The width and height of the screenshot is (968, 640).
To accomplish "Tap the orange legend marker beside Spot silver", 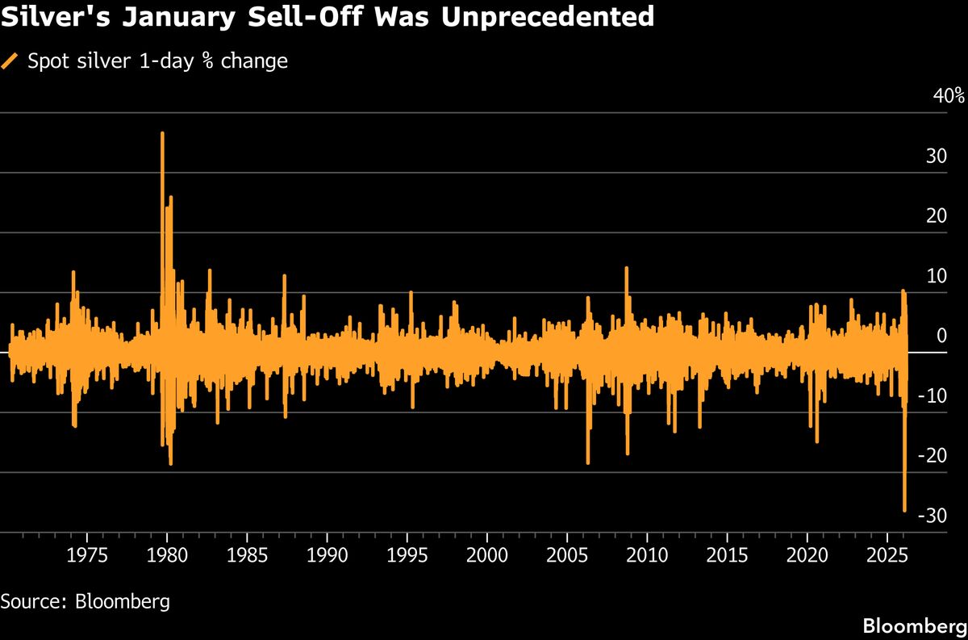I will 10,61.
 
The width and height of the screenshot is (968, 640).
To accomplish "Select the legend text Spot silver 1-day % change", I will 158,61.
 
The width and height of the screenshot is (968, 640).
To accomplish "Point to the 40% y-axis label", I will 948,96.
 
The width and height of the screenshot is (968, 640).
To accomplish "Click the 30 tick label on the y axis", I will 935,156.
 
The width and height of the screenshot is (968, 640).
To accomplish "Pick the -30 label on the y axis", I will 932,516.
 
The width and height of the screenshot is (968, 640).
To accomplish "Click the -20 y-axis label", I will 932,456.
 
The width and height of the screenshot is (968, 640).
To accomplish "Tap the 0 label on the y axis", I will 941,336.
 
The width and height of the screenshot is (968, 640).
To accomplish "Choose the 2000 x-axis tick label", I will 486,555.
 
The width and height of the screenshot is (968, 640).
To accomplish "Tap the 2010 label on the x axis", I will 647,555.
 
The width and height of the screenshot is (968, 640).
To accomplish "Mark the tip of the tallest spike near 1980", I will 162,133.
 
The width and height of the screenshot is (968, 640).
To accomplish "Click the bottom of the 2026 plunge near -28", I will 904,510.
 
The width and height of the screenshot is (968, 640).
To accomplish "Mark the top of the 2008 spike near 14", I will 626,268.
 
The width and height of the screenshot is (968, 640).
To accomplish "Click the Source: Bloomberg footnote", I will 85,601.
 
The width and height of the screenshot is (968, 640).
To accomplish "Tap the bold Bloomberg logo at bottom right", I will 913,625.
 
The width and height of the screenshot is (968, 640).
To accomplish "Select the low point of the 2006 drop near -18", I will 588,462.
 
